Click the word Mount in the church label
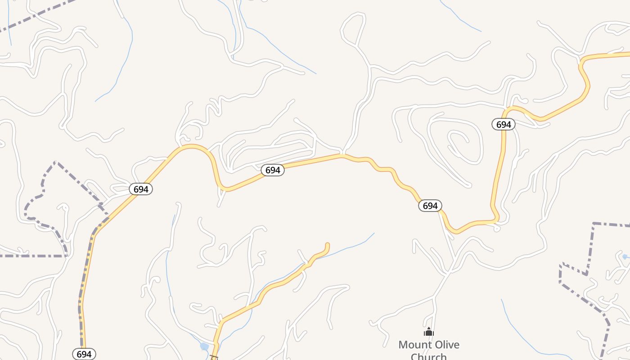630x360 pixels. point(414,345)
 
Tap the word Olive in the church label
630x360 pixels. point(445,345)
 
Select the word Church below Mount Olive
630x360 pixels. point(428,356)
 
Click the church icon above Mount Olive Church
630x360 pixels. point(429,333)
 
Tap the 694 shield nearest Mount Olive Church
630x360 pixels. point(430,206)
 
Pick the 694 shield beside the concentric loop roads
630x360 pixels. point(504,124)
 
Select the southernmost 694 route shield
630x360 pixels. point(84,354)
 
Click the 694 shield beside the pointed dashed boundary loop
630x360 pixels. point(141,189)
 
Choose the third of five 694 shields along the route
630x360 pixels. point(273,170)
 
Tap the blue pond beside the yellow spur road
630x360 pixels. point(204,346)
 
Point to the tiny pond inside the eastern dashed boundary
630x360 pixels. point(625,256)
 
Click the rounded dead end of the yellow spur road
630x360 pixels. point(327,246)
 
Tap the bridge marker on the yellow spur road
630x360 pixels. point(214,357)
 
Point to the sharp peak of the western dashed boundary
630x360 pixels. point(55,162)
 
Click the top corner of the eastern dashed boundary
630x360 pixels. point(594,223)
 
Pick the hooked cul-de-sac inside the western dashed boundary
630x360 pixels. point(63,207)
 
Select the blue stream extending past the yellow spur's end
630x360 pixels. point(355,243)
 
